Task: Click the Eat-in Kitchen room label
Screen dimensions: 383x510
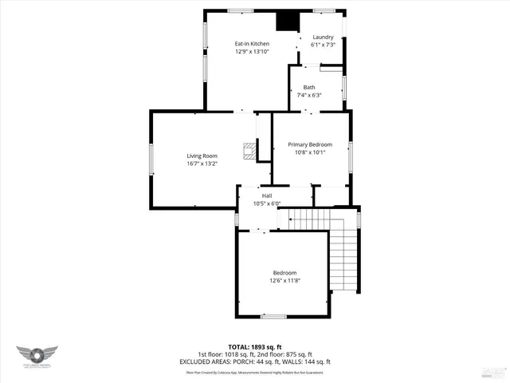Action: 251,43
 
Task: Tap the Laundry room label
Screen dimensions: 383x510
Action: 323,37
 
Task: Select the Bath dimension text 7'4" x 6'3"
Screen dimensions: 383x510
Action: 309,95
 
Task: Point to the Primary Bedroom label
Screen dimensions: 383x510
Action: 310,144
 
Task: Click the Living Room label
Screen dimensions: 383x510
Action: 202,156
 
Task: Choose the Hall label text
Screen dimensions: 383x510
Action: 267,195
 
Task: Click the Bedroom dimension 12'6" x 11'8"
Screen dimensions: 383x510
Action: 284,280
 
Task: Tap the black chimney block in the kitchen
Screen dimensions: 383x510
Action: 285,21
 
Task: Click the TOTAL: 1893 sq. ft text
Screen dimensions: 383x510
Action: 254,347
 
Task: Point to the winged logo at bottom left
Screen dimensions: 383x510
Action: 37,357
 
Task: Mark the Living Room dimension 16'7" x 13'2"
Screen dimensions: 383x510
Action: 202,164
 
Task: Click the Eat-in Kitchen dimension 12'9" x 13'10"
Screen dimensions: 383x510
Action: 251,51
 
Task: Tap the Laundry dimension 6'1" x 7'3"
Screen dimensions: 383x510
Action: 323,45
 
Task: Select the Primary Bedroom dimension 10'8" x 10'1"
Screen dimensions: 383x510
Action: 310,152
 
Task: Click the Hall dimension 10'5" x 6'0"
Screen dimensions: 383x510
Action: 267,203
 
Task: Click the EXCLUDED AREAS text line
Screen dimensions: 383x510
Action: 254,361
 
